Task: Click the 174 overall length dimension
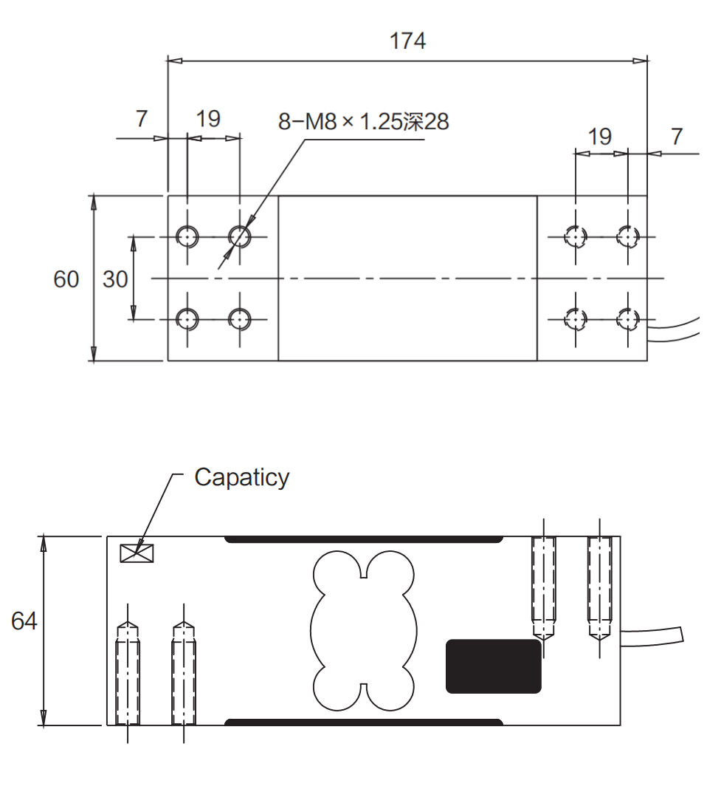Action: point(407,41)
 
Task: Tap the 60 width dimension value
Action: point(66,279)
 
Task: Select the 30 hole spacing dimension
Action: point(115,279)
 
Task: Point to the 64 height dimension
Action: point(24,621)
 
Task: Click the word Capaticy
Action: point(241,477)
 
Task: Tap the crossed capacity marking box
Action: point(137,553)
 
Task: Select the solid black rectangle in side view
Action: point(493,666)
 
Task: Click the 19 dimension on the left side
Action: point(208,118)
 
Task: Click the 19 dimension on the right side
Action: point(600,136)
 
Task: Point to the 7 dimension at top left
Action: point(142,118)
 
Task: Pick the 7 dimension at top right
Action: point(677,136)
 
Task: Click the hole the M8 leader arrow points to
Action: point(239,236)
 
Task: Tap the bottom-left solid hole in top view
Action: point(187,319)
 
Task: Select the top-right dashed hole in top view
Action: point(627,236)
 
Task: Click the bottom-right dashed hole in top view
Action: point(627,319)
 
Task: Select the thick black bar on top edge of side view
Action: point(364,539)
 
